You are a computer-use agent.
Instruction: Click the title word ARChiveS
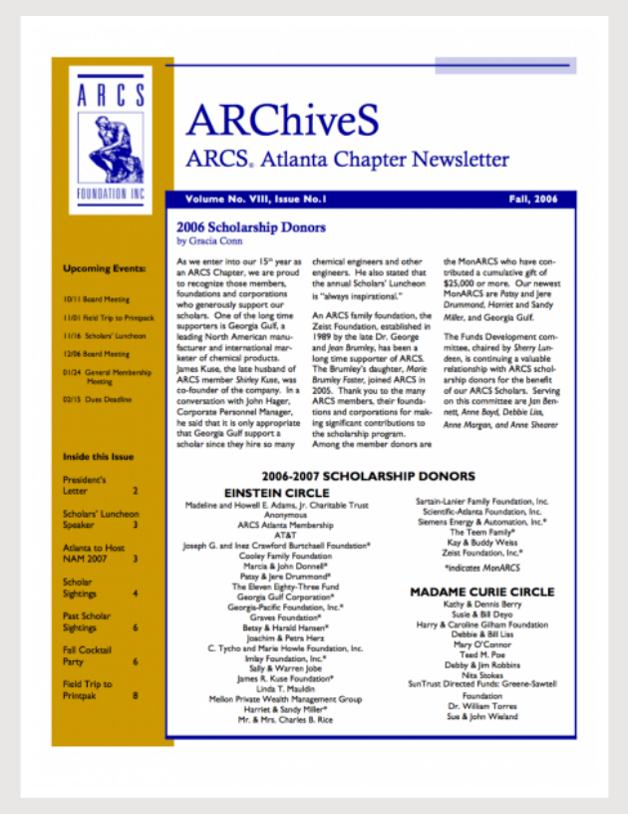point(283,122)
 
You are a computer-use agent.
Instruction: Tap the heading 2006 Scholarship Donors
point(250,226)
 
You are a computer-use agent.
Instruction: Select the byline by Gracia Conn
point(209,240)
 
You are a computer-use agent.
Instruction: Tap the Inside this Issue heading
point(98,457)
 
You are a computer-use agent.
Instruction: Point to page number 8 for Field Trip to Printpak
point(136,696)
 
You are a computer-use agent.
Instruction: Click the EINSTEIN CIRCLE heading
point(276,493)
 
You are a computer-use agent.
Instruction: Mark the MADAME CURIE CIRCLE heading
point(482,592)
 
